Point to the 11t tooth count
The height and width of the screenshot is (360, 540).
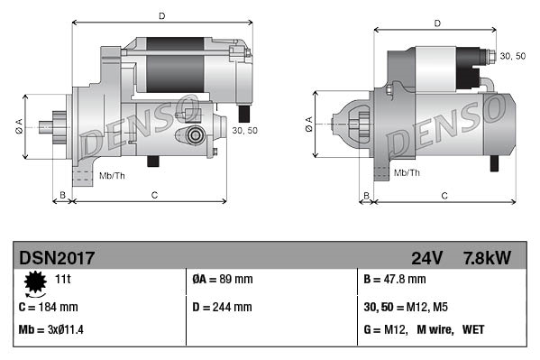[64, 281]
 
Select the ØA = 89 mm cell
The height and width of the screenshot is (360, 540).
[224, 281]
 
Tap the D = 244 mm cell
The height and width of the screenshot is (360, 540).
[223, 307]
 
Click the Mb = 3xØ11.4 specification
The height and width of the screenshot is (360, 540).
[51, 330]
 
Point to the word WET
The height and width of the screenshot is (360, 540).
[473, 330]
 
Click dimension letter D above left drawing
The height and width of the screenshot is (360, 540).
[161, 15]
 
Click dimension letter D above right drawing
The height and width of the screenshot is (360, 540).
[436, 23]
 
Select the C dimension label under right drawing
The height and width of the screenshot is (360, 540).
[446, 195]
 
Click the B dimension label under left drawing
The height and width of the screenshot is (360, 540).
[62, 195]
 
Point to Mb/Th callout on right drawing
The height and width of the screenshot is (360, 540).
[407, 171]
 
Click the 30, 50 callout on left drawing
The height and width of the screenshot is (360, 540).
[244, 131]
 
